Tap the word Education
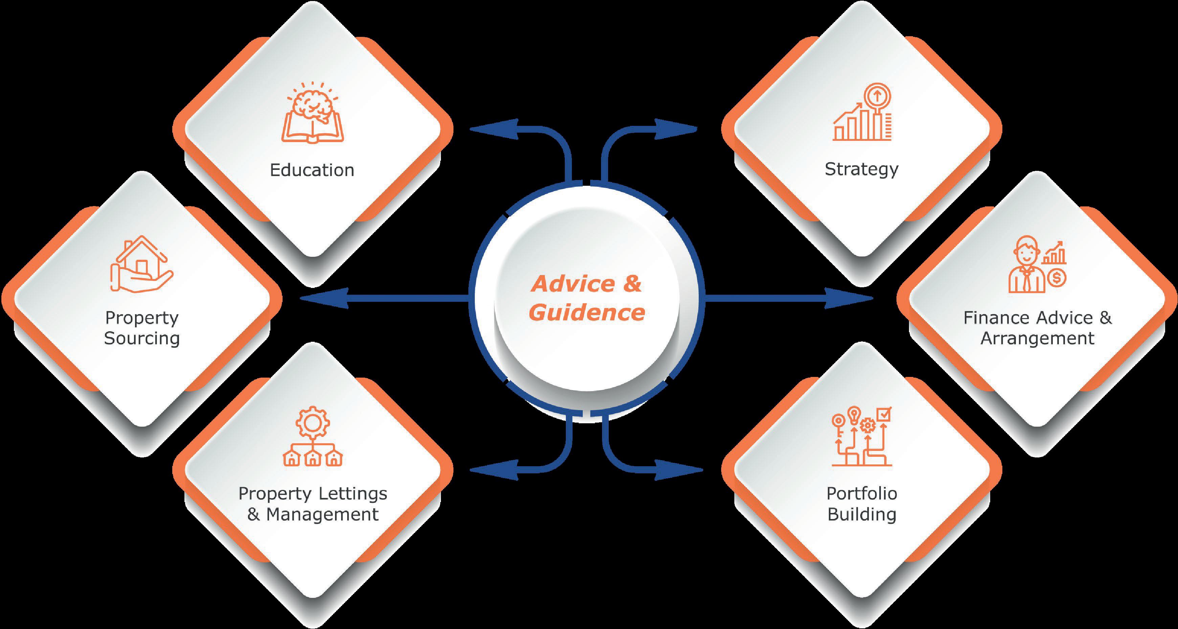312,170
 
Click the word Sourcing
142,338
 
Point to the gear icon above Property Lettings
312,422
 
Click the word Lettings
353,494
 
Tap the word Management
323,515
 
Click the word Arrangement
1037,338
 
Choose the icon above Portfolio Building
862,436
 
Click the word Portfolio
862,494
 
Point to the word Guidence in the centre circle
587,313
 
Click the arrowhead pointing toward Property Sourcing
325,298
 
